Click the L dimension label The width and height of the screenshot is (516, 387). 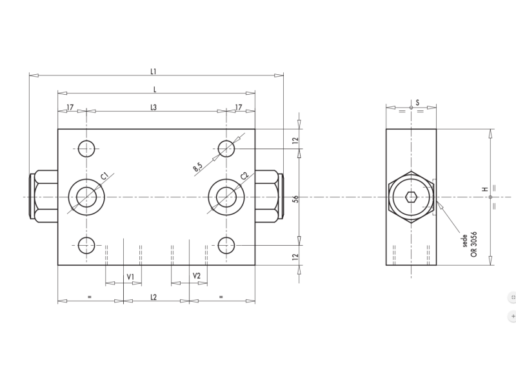coord(154,89)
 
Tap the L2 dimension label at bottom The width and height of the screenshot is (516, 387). coord(154,297)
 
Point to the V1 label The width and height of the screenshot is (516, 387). coord(130,276)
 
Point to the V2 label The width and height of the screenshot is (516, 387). coord(197,276)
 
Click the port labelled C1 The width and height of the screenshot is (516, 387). coord(86,196)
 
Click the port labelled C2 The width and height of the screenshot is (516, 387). coord(226,196)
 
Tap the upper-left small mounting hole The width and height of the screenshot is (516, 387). coord(86,148)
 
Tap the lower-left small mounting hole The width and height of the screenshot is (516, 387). coord(86,245)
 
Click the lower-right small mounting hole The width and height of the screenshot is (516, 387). coord(226,245)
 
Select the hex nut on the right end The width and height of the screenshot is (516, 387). coord(267,196)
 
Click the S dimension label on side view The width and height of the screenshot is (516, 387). coord(417,103)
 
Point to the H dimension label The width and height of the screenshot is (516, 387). coord(484,190)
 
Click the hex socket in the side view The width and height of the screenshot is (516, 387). coord(411,197)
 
